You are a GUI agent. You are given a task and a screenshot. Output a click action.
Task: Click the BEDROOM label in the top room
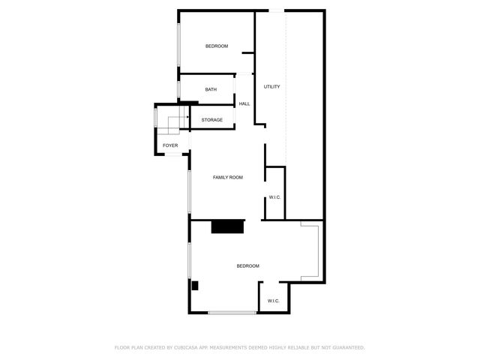(217, 46)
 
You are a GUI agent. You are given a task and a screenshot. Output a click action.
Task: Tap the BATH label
(211, 90)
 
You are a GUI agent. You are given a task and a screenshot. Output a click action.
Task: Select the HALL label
(244, 103)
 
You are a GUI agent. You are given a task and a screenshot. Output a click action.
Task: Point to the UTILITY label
(271, 87)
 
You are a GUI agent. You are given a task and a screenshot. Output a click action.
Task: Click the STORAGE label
(211, 120)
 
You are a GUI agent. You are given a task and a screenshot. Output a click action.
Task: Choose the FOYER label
(170, 145)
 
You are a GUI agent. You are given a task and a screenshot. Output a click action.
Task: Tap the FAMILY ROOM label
(228, 177)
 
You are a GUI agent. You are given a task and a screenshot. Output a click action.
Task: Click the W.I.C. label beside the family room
(274, 197)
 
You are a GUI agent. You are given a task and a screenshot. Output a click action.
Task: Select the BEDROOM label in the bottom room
(247, 266)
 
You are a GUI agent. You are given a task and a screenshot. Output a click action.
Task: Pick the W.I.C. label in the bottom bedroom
(274, 301)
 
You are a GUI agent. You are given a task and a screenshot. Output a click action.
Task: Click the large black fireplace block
(228, 226)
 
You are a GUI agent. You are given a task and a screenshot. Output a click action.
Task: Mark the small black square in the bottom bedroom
(194, 285)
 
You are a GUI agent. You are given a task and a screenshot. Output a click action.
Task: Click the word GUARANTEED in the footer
(346, 347)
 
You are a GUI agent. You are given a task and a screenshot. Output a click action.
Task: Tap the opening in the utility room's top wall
(277, 10)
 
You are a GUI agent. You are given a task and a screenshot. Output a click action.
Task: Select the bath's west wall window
(178, 90)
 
